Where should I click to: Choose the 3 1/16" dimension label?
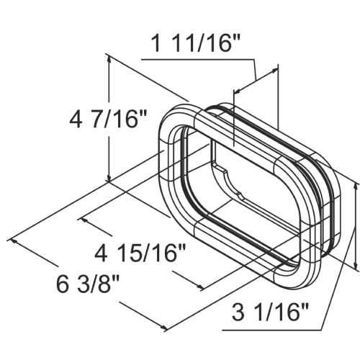(x=271, y=312)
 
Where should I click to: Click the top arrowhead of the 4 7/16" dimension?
(x=109, y=58)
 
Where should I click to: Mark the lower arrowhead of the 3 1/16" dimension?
(x=355, y=266)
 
